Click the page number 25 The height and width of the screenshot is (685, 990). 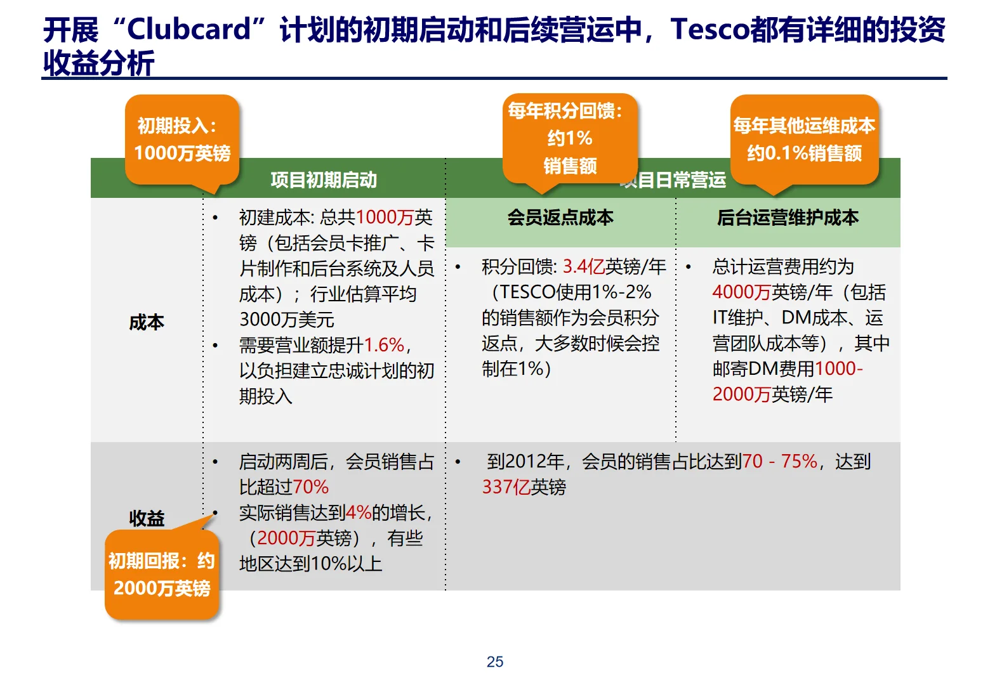(x=494, y=662)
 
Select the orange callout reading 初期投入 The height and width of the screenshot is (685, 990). (x=182, y=140)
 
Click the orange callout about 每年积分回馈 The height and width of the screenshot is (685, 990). (x=569, y=138)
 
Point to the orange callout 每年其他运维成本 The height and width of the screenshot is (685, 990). (x=804, y=140)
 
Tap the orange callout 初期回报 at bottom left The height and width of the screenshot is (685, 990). (x=162, y=575)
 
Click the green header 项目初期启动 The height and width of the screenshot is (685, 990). (x=324, y=180)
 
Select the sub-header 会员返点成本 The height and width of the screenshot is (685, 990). (x=560, y=218)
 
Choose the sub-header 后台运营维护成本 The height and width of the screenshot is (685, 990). (x=788, y=218)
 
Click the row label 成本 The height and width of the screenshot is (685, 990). (x=147, y=322)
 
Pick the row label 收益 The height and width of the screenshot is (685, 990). (x=147, y=518)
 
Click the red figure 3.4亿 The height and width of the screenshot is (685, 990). (x=583, y=267)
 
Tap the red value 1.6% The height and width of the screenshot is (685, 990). (x=384, y=345)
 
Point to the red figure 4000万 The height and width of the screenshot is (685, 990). (x=741, y=292)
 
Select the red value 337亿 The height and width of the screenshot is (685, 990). (x=506, y=487)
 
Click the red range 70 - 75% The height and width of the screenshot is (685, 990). (x=779, y=461)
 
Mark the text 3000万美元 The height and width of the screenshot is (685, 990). (x=287, y=320)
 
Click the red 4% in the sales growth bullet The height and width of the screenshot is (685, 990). (x=359, y=512)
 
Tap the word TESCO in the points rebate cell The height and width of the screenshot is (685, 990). (x=528, y=292)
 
